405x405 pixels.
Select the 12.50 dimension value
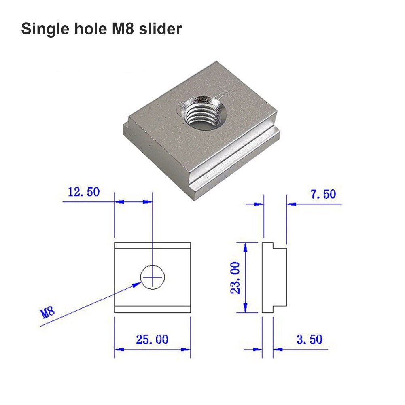pyautogui.click(x=84, y=192)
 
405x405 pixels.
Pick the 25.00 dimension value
pyautogui.click(x=152, y=339)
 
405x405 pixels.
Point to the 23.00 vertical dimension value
pyautogui.click(x=235, y=278)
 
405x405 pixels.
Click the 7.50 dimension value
pyautogui.click(x=323, y=194)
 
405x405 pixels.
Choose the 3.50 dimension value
pyautogui.click(x=310, y=339)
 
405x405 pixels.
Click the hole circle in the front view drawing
pyautogui.click(x=153, y=277)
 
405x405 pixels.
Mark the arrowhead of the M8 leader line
pyautogui.click(x=138, y=285)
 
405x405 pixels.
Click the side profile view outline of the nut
pyautogui.click(x=274, y=278)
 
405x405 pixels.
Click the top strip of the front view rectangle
pyautogui.click(x=152, y=246)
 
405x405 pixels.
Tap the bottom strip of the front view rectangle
pyautogui.click(x=152, y=310)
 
